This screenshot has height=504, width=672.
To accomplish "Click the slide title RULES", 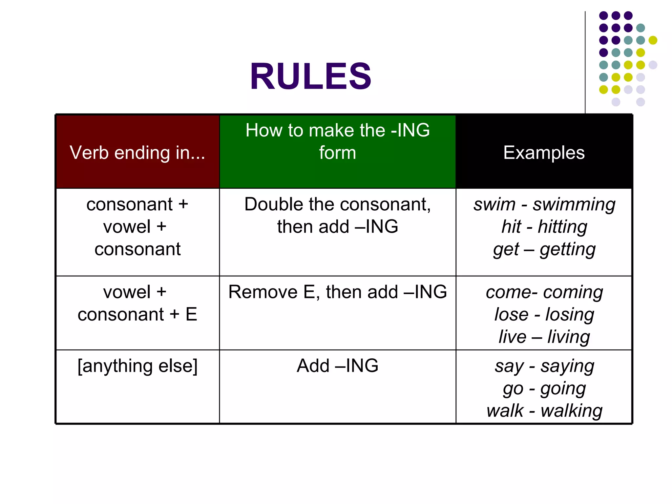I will point(310,76).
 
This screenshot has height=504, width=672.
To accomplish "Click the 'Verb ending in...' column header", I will point(137,153).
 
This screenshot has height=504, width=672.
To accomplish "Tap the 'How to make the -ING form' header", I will point(337,141).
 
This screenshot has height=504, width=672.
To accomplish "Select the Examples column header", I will point(544,153).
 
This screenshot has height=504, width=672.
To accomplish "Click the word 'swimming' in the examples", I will point(574,205).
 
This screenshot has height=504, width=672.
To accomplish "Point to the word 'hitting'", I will point(562,227).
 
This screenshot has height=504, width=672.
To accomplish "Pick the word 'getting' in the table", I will point(568,249).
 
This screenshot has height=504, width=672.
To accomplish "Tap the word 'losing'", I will point(570,315).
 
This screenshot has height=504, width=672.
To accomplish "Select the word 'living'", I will point(569,337).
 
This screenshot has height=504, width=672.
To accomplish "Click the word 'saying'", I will point(567,366).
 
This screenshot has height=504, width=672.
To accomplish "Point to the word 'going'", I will point(563,389).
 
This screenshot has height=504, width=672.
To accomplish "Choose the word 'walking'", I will point(571,411).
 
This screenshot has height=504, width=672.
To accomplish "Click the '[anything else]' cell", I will point(137,366).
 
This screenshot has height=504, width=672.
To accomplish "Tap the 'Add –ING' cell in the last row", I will point(337,366).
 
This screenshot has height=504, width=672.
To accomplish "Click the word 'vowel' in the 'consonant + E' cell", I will point(127,292).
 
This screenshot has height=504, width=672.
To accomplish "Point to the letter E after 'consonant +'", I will point(191,314).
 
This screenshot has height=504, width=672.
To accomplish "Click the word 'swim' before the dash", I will point(494,205).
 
